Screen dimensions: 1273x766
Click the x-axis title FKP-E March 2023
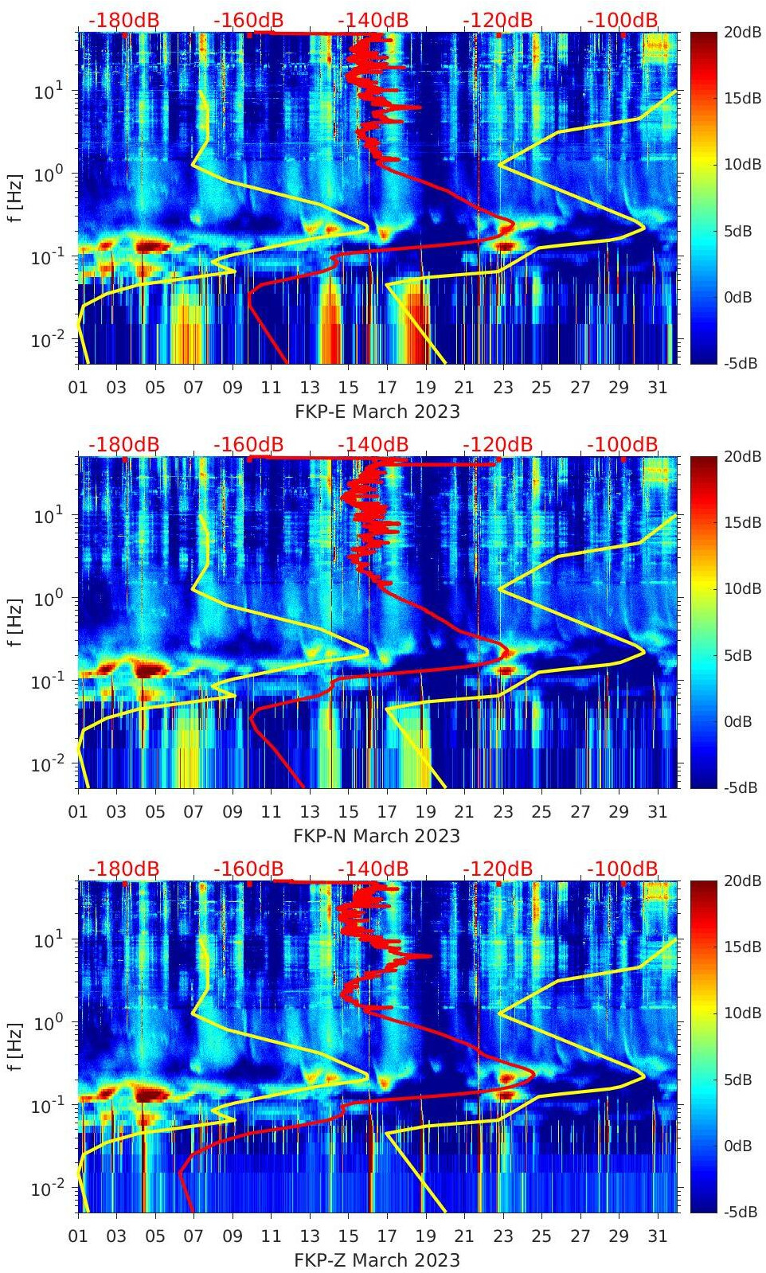pos(377,412)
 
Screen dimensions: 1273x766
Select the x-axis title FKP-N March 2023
pos(377,836)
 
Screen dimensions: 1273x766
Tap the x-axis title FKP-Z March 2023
pos(377,1260)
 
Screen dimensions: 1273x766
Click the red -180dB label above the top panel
pos(123,20)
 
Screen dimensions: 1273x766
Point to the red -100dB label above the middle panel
pos(623,444)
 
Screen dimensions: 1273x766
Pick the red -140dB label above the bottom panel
pos(373,869)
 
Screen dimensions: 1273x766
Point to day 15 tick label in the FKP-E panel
pos(348,388)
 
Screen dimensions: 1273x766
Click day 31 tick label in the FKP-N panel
pos(657,812)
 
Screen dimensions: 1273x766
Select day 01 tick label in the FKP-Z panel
pos(78,1236)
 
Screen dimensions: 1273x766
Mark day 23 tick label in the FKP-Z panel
pos(502,1236)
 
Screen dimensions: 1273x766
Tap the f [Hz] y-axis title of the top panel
pos(15,197)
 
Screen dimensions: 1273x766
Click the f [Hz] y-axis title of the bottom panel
pos(15,1046)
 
